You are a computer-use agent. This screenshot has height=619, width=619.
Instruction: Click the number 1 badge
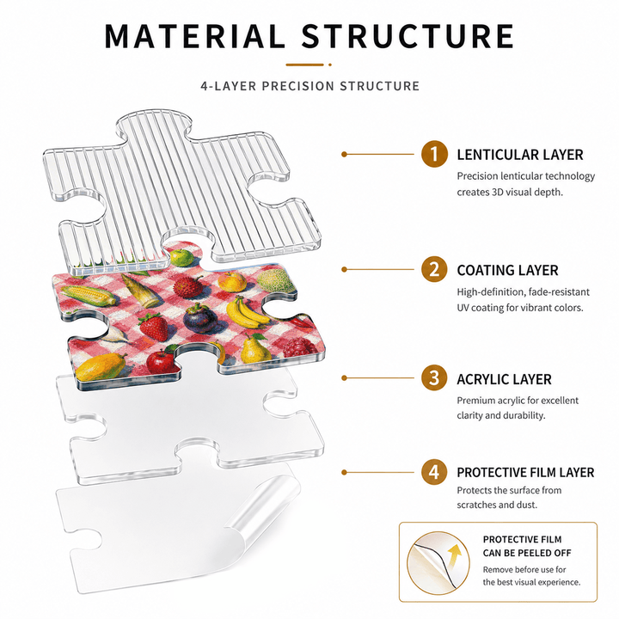pos(434,154)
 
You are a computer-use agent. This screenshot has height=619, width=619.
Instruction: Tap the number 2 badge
pos(434,269)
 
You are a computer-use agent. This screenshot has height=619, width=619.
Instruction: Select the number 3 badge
pos(434,377)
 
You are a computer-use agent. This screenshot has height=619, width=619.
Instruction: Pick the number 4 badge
pos(434,472)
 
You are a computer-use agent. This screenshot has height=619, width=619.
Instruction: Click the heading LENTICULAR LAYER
pos(520,155)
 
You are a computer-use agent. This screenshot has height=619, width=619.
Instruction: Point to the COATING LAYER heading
pos(508,271)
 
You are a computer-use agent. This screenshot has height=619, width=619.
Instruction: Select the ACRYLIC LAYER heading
pos(504,379)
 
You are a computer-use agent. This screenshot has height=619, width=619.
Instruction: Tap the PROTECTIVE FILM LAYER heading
pos(525,472)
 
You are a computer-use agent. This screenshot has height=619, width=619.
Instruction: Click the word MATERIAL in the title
pos(194,36)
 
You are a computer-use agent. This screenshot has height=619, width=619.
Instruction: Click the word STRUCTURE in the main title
pos(408,36)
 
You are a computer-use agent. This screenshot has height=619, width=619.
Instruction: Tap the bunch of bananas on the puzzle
pos(247,312)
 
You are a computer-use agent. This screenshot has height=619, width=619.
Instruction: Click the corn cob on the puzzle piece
pos(89,295)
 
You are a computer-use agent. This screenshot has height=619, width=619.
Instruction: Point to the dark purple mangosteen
pos(199,318)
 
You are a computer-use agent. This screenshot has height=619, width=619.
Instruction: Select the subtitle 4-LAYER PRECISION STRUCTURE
pos(309,86)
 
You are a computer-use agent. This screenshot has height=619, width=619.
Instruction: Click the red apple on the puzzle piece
pos(161,361)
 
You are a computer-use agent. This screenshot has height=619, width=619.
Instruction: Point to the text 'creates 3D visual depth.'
pos(510,193)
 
